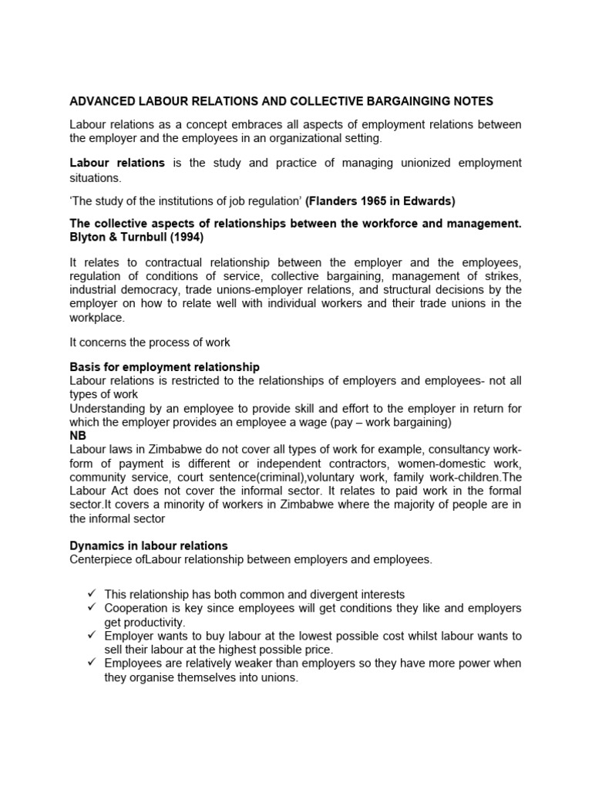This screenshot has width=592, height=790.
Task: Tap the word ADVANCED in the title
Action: click(x=102, y=101)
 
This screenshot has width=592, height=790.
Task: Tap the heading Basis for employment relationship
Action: click(x=164, y=366)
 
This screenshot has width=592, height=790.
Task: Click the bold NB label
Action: click(x=78, y=434)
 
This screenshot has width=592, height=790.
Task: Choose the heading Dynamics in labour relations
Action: click(x=149, y=546)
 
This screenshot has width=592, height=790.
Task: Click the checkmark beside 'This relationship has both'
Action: click(x=90, y=594)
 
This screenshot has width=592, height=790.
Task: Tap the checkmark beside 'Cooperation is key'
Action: click(x=90, y=608)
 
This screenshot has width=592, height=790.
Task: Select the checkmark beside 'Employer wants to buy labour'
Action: click(x=90, y=636)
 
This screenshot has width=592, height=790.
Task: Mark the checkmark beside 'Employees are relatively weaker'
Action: click(x=90, y=663)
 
